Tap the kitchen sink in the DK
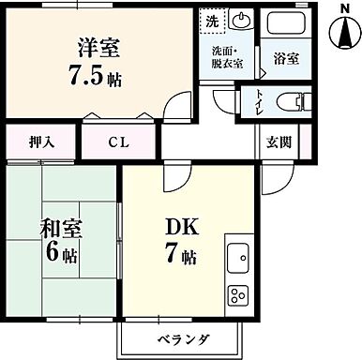pos(236,256)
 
